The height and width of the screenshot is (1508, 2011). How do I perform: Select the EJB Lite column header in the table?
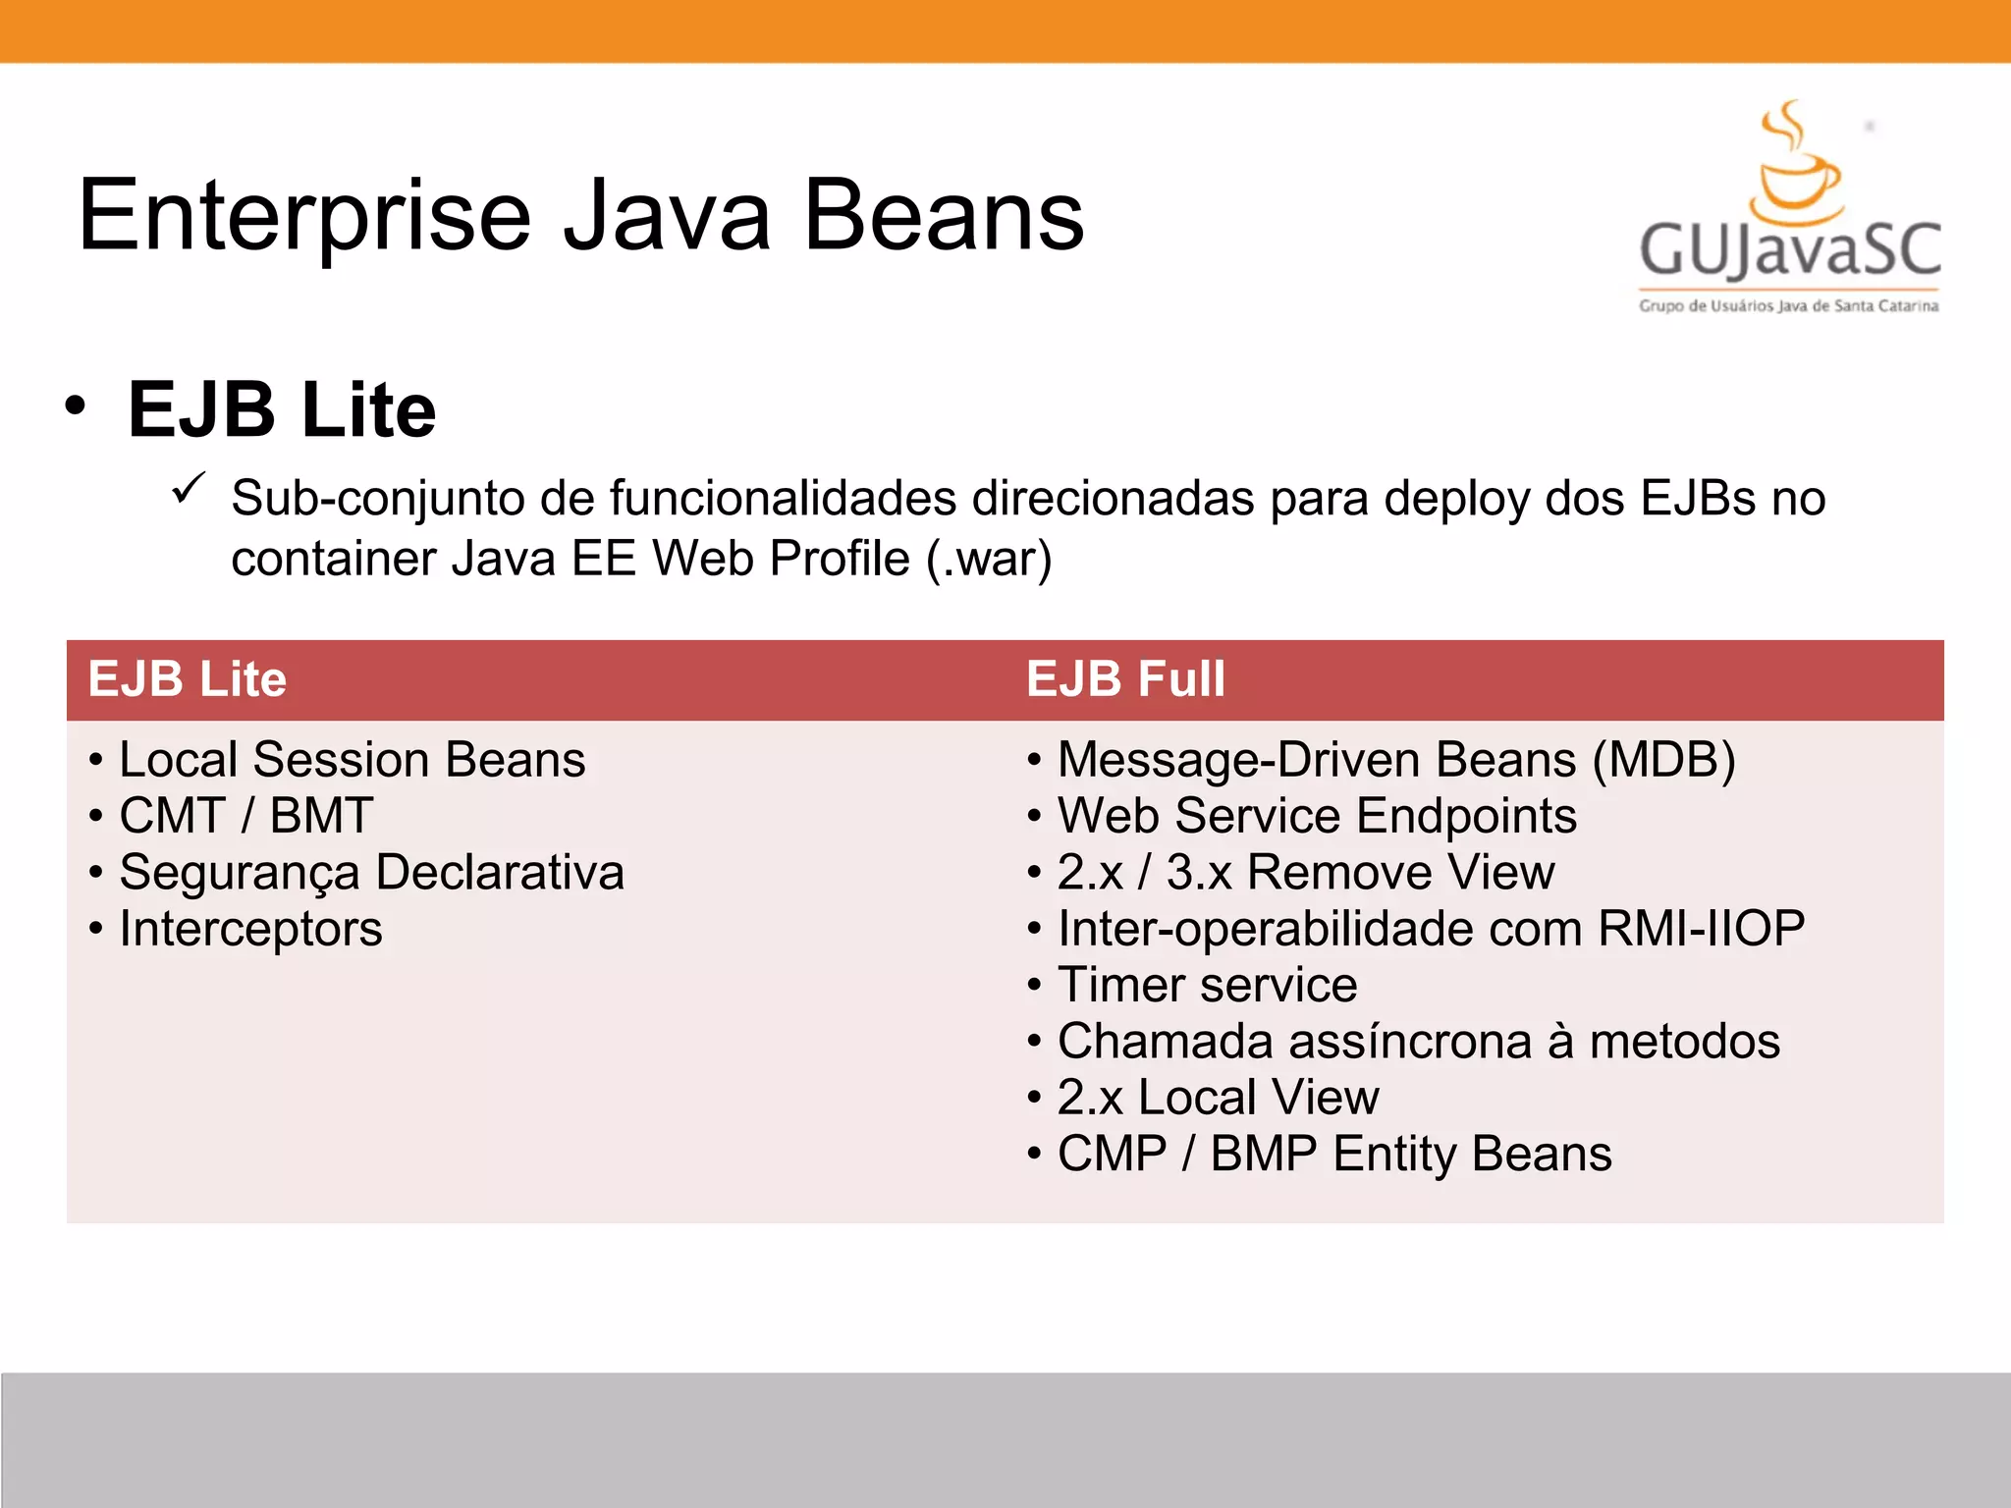coord(187,679)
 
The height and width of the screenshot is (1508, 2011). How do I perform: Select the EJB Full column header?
coord(1125,679)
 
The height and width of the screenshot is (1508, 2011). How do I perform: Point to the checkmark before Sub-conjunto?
coord(188,488)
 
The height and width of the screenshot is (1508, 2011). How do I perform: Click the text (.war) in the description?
coord(989,560)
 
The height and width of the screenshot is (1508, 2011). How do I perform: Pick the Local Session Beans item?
coord(352,760)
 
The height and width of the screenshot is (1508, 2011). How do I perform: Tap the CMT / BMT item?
coord(245,816)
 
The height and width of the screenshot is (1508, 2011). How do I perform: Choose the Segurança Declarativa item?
coord(371,873)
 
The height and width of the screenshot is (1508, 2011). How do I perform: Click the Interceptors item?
coord(250,929)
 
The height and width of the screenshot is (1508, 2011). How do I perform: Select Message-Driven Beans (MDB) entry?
coord(1395,760)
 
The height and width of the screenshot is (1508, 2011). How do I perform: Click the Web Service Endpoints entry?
coord(1316,816)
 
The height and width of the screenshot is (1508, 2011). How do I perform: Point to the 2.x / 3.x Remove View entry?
coord(1305,873)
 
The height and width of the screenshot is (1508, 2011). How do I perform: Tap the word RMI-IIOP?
coord(1701,929)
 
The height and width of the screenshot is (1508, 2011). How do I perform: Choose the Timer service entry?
coord(1207,985)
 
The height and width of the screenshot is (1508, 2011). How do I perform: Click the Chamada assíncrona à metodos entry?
coord(1418,1042)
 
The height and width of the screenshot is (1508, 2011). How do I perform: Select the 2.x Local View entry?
coord(1218,1098)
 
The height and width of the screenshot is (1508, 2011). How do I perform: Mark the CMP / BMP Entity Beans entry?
coord(1333,1154)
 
